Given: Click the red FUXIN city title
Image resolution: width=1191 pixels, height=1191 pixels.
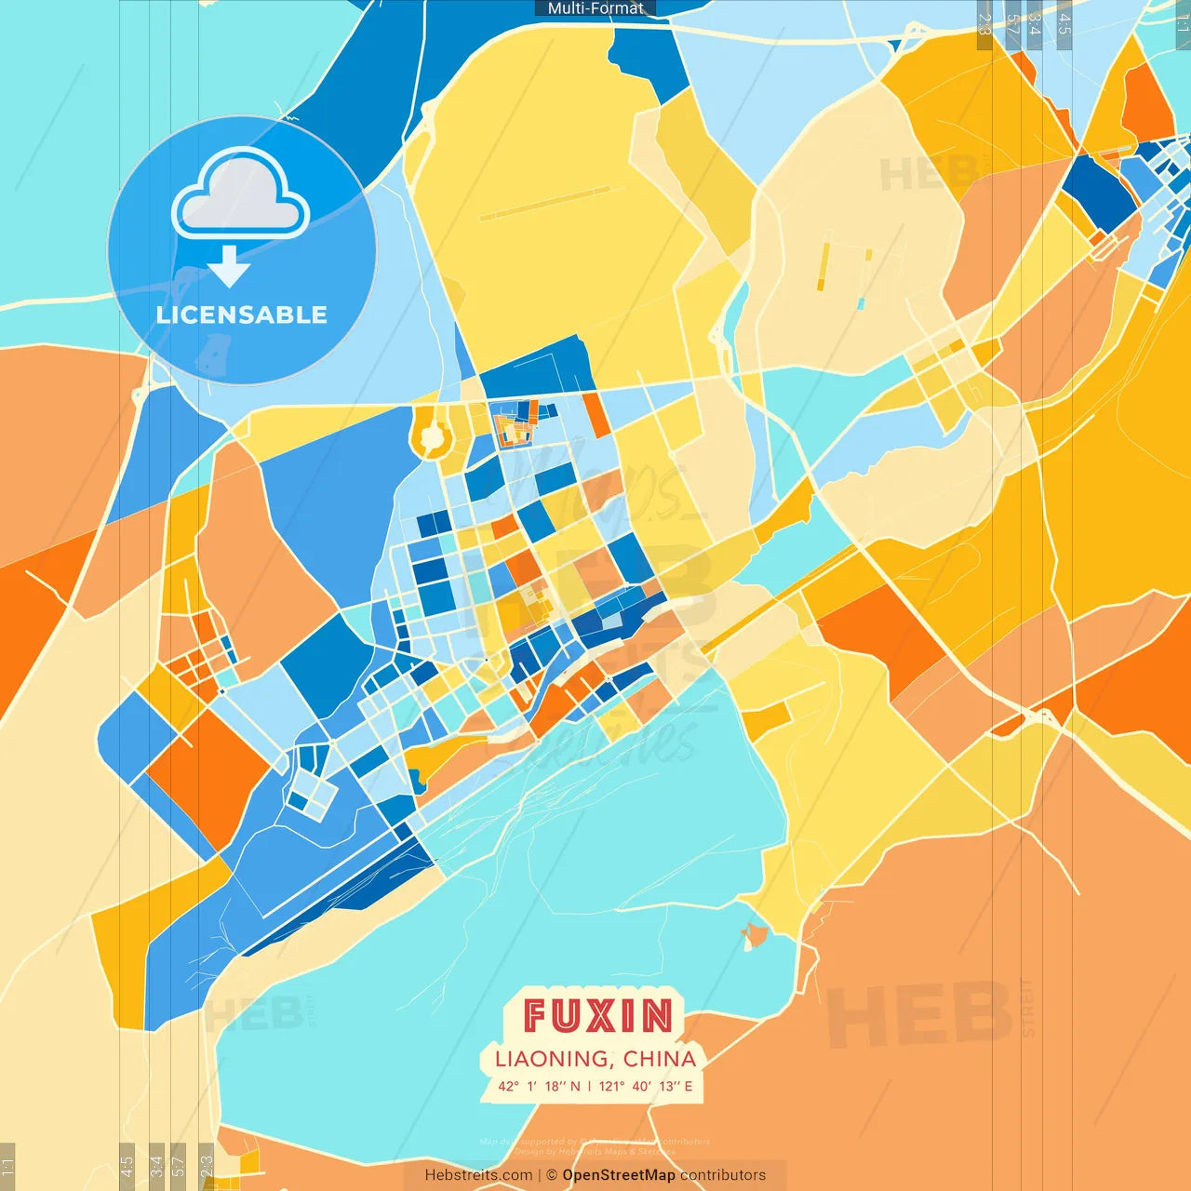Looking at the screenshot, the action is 597,1015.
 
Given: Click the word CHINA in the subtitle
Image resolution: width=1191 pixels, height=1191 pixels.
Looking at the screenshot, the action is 660,1059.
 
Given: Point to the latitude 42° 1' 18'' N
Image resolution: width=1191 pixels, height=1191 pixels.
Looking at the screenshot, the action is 539,1086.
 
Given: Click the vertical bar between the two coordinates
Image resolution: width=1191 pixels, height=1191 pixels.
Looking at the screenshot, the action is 589,1086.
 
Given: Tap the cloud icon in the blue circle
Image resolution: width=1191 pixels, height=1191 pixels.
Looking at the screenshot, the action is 240,194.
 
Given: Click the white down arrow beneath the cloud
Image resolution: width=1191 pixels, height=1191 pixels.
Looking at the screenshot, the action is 229,266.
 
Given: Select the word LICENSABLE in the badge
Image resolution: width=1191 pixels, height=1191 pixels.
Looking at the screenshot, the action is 242,314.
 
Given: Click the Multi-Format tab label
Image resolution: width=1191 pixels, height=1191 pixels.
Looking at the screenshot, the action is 595,8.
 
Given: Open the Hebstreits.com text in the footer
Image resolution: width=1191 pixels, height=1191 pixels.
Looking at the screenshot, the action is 478,1175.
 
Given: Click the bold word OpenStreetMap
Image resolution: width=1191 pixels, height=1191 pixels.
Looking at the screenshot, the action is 619,1175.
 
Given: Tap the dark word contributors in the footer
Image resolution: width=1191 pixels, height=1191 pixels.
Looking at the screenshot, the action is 723,1175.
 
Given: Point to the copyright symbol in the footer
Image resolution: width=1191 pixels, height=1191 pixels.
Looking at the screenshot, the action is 552,1175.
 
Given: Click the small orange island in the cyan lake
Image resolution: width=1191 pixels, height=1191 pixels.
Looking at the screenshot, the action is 755,934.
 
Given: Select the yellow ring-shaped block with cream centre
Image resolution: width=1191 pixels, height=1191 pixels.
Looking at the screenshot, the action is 431,435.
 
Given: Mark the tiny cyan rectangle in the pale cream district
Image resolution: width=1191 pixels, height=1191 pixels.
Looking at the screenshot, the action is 861,303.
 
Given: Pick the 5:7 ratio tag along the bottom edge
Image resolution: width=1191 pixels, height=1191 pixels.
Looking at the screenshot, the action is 178,1165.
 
